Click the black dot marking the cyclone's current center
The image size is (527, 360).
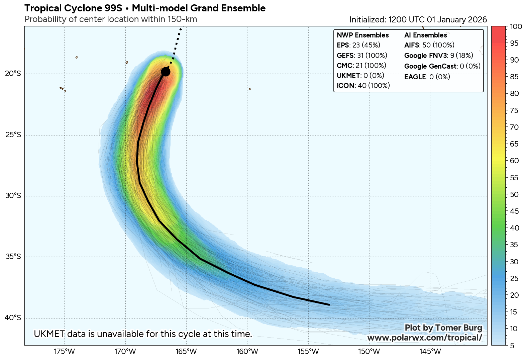click(x=166, y=72)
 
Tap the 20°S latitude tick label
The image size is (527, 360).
click(x=13, y=74)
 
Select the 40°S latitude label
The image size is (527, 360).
click(x=13, y=318)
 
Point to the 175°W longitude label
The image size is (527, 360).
click(x=64, y=352)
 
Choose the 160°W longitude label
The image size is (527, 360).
click(x=247, y=352)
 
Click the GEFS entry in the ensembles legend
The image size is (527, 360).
click(x=362, y=56)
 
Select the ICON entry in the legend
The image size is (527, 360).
click(x=363, y=86)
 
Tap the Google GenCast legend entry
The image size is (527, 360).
click(x=442, y=66)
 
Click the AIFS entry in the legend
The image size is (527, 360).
click(x=429, y=45)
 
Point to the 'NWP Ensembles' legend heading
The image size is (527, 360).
click(x=362, y=35)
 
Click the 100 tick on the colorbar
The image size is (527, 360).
click(x=514, y=27)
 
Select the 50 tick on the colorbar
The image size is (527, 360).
click(x=514, y=194)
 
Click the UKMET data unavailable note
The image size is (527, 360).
click(x=143, y=334)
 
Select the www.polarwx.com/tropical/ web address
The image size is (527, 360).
click(x=424, y=338)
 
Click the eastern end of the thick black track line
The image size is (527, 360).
click(x=329, y=305)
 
